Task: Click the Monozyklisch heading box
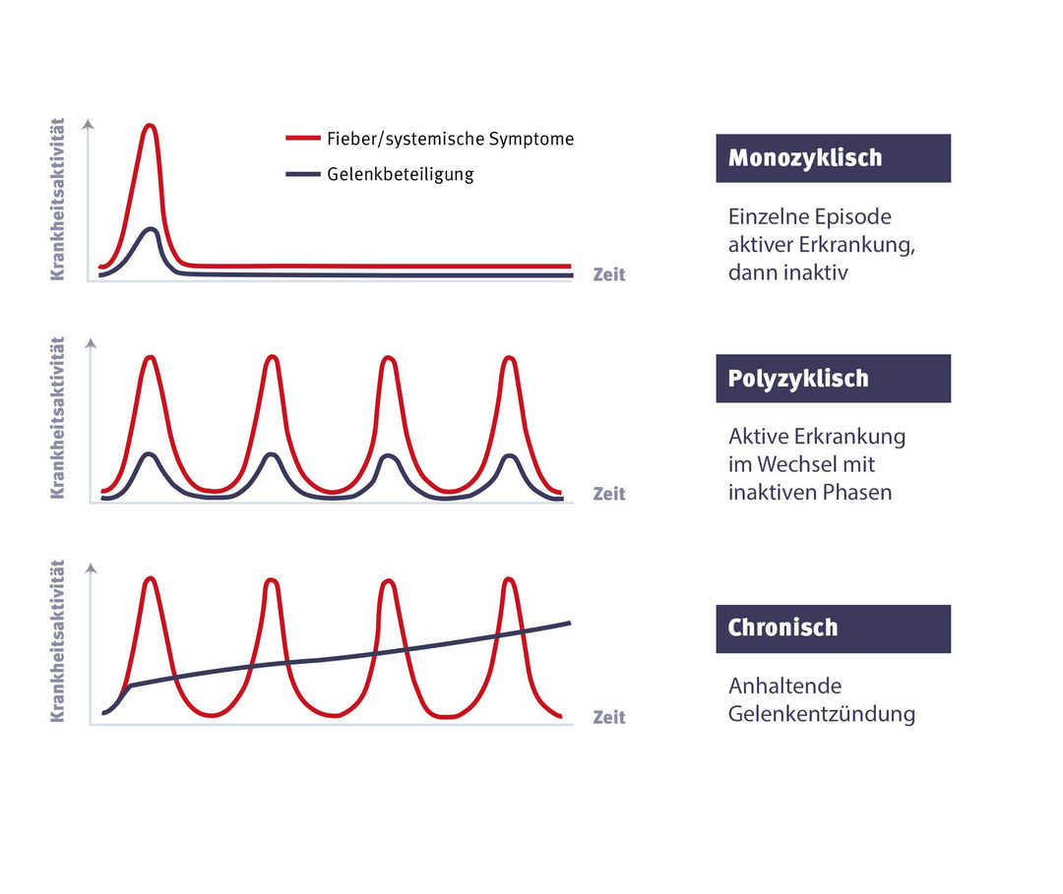pyautogui.click(x=833, y=158)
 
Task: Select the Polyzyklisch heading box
pyautogui.click(x=833, y=379)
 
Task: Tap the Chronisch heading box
pyautogui.click(x=833, y=628)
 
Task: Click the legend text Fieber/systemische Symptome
pyautogui.click(x=451, y=140)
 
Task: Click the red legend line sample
pyautogui.click(x=303, y=139)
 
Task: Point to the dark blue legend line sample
pyautogui.click(x=303, y=174)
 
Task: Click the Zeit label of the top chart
pyautogui.click(x=609, y=274)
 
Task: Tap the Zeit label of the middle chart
pyautogui.click(x=609, y=494)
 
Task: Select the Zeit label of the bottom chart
pyautogui.click(x=609, y=717)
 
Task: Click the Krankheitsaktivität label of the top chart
pyautogui.click(x=57, y=200)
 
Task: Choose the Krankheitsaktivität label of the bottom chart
pyautogui.click(x=57, y=641)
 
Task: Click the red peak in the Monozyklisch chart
pyautogui.click(x=150, y=126)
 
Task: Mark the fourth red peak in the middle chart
pyautogui.click(x=509, y=358)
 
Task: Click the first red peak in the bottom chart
pyautogui.click(x=151, y=579)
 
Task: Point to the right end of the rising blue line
pyautogui.click(x=569, y=623)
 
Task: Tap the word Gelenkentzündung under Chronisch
pyautogui.click(x=822, y=714)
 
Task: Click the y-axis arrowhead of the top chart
pyautogui.click(x=90, y=125)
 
